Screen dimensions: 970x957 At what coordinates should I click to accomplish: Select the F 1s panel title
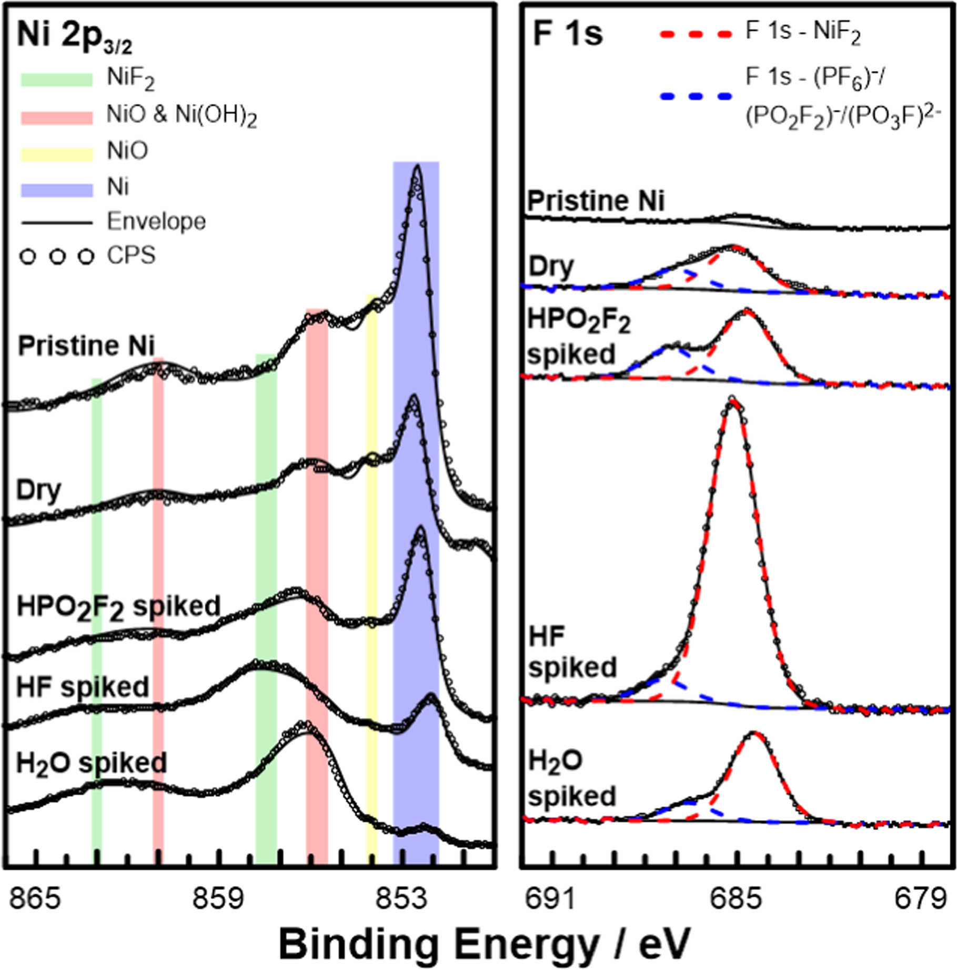pos(568,34)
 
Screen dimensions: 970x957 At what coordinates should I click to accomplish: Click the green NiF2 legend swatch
pos(56,79)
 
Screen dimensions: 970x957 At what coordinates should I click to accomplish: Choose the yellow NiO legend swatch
pos(56,153)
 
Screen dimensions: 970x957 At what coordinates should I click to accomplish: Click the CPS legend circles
pos(56,257)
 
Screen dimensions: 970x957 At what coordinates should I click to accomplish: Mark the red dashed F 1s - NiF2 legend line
pos(696,34)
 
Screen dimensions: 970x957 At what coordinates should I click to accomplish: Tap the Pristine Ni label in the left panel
pos(86,346)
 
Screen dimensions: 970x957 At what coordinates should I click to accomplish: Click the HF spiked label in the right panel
pos(572,653)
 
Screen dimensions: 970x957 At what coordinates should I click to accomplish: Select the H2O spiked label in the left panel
pos(92,763)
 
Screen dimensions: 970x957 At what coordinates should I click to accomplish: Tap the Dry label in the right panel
pos(550,267)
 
